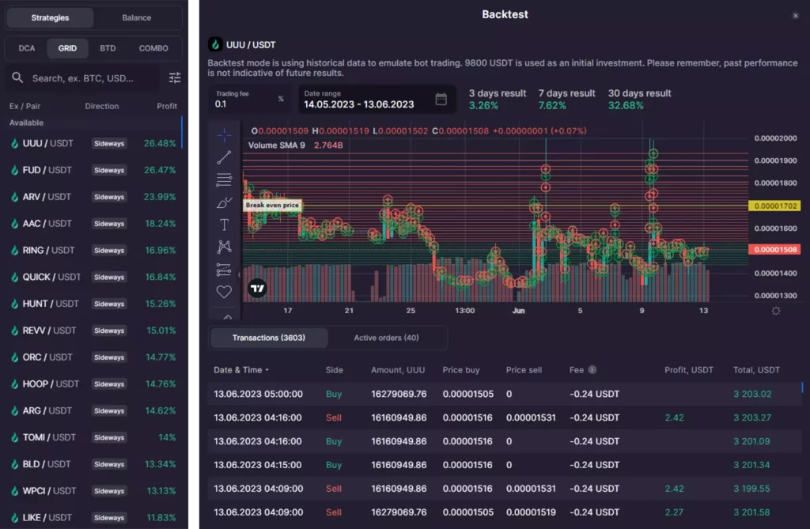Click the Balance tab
point(137,17)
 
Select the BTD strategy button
point(108,48)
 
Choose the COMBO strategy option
point(153,48)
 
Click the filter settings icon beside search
point(175,77)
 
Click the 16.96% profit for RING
point(161,251)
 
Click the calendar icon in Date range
point(441,99)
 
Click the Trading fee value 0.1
point(221,104)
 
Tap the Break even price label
point(272,206)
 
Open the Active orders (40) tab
point(386,338)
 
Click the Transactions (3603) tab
point(268,338)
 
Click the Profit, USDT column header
point(688,369)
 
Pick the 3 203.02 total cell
point(751,394)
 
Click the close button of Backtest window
point(795,15)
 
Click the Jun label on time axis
point(519,311)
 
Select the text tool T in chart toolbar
point(224,225)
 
